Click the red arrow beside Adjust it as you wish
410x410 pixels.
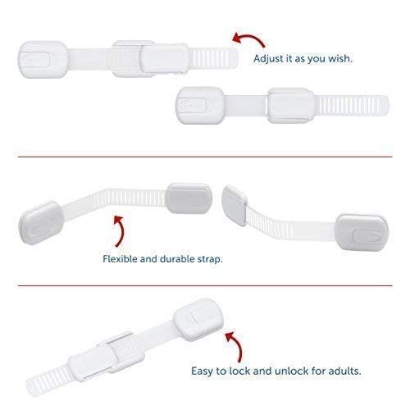(x=247, y=39)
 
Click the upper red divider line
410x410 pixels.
(x=205, y=154)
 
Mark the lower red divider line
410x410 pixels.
(x=205, y=285)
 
